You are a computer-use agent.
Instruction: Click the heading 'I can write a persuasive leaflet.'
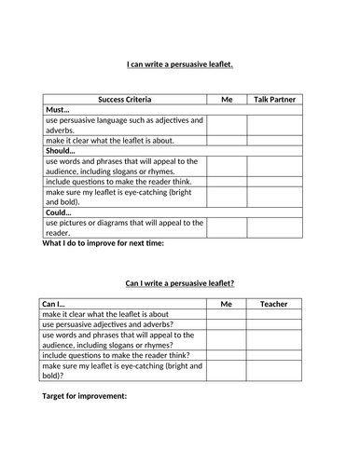(180, 64)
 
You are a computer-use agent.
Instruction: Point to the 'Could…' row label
(59, 212)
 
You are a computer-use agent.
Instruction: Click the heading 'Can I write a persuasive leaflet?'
(180, 282)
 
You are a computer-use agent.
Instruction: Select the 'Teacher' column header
(274, 304)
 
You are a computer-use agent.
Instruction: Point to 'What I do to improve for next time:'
(103, 243)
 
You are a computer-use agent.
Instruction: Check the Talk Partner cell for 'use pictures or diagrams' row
(279, 227)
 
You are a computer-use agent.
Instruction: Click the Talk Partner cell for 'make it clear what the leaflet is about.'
(279, 141)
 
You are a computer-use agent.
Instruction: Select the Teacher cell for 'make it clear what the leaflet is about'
(274, 315)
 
